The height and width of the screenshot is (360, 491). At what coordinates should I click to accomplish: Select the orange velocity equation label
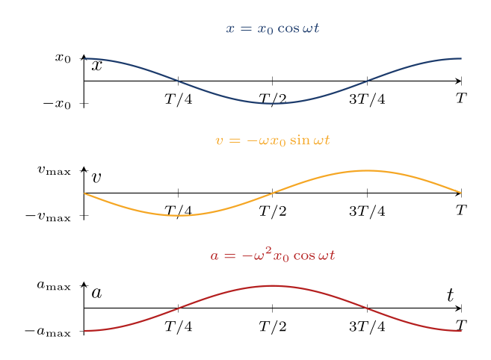point(273,140)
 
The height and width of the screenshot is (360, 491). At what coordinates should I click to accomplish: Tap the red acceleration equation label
point(273,255)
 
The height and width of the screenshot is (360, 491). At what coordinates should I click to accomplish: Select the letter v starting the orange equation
point(219,141)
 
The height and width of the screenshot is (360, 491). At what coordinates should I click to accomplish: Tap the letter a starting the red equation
point(214,256)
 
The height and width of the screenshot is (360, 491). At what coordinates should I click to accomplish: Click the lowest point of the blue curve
point(273,103)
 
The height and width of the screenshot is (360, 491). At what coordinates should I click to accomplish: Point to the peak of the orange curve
point(367,170)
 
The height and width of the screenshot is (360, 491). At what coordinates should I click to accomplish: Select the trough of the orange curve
point(179,215)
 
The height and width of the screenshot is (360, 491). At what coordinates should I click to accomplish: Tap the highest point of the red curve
point(273,285)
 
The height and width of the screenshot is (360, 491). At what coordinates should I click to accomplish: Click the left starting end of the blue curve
point(84,58)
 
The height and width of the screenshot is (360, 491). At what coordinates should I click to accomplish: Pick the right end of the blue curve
point(461,58)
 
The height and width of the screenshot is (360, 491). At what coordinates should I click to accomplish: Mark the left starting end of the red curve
point(84,330)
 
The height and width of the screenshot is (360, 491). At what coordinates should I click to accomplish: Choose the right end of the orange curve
point(461,193)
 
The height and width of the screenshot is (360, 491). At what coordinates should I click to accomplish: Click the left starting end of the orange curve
point(84,193)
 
